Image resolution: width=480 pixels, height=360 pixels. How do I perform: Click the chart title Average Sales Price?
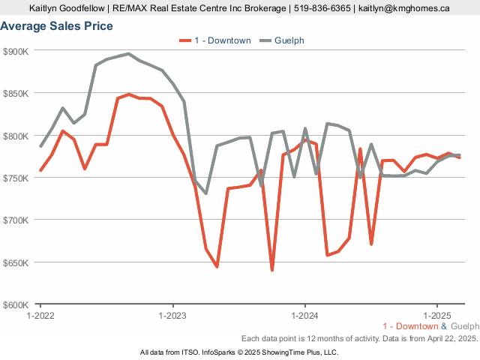[x=57, y=26]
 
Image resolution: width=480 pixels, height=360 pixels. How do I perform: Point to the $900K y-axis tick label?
[x=16, y=51]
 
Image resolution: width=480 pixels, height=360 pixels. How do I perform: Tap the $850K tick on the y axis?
[x=16, y=94]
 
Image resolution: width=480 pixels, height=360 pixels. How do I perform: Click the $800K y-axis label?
[x=16, y=136]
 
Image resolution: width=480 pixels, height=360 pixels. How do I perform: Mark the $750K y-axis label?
[x=16, y=178]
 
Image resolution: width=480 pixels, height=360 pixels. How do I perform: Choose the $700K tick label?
[x=16, y=220]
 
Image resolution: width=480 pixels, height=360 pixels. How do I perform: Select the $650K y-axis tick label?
[x=16, y=263]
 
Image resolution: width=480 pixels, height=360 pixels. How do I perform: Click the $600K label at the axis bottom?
[x=16, y=305]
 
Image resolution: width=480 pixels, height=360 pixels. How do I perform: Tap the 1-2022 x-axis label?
[x=40, y=316]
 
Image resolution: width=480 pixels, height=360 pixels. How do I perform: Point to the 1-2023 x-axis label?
[x=173, y=316]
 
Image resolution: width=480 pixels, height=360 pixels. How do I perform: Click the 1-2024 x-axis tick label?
[x=305, y=316]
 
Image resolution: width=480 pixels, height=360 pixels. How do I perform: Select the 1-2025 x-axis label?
[x=437, y=316]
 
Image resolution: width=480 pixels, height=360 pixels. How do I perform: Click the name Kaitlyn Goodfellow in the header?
[x=67, y=8]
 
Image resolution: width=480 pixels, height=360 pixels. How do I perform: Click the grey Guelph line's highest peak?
[x=129, y=54]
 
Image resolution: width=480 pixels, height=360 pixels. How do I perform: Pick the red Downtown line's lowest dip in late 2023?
[x=272, y=269]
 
